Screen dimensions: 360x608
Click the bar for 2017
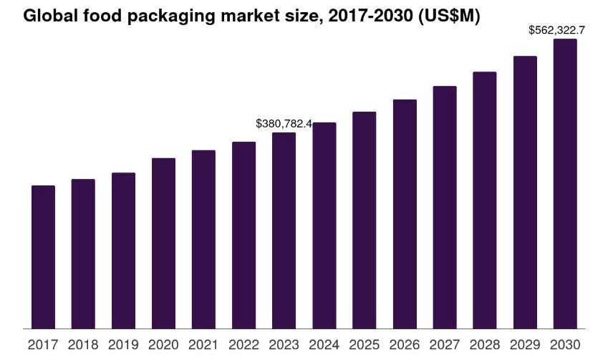[43, 258]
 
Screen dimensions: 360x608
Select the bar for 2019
[123, 251]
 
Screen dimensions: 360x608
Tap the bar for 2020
[163, 244]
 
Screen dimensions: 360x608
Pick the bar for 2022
[243, 235]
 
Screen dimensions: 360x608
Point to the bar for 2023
[284, 231]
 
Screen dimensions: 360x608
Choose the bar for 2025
[365, 220]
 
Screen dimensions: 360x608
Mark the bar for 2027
[445, 208]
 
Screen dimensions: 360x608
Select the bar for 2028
[485, 200]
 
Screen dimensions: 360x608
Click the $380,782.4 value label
[284, 124]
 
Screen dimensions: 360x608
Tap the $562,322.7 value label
[557, 30]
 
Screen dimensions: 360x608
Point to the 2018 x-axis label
[83, 344]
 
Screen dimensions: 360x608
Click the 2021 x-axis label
[203, 344]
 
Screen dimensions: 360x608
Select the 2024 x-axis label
[324, 344]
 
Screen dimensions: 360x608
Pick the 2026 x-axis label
[405, 344]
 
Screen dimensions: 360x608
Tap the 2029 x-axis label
[525, 344]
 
